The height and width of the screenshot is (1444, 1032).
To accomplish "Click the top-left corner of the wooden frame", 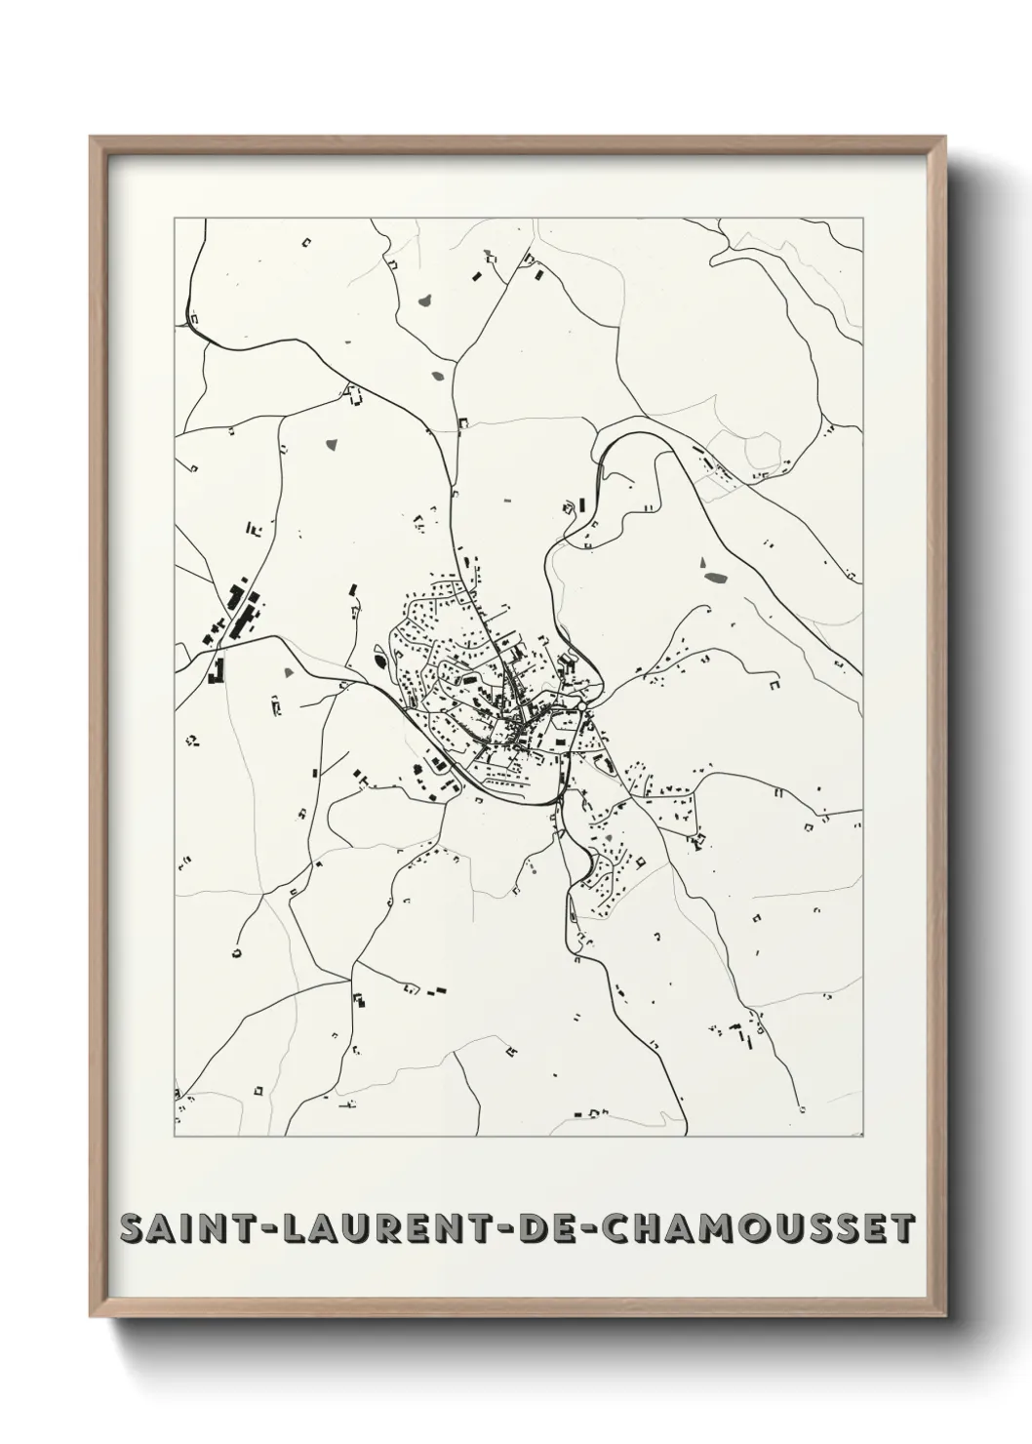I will click(91, 138).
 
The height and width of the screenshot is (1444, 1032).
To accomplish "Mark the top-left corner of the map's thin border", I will click(175, 219).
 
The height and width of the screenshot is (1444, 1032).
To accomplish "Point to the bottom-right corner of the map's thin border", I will click(863, 1138).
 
